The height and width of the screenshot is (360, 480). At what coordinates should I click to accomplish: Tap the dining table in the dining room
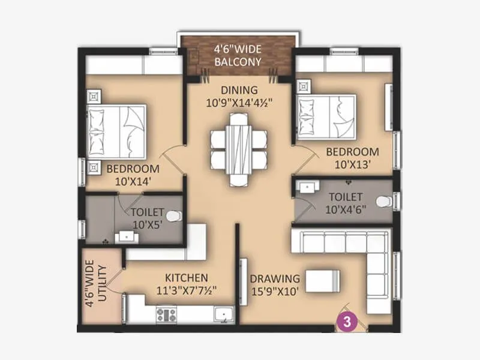(x=238, y=149)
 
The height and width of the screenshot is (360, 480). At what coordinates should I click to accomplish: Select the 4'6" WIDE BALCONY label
(x=238, y=55)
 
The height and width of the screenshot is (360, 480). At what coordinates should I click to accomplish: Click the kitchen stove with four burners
(x=166, y=314)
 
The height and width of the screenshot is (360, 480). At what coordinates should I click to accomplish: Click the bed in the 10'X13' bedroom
(x=326, y=116)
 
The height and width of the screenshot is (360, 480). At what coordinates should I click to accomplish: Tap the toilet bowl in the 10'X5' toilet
(x=172, y=215)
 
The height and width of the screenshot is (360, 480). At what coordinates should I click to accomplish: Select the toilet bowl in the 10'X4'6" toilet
(x=384, y=201)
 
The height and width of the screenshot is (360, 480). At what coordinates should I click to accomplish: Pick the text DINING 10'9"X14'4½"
(x=239, y=96)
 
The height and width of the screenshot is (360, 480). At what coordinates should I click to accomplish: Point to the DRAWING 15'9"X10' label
(x=275, y=284)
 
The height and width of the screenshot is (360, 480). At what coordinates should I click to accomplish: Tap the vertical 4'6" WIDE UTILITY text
(x=95, y=285)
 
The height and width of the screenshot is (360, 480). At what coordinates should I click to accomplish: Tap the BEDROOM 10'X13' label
(x=352, y=157)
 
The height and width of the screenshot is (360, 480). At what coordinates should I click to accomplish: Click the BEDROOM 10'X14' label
(x=133, y=175)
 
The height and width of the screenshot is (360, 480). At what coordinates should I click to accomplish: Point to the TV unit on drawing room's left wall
(x=244, y=279)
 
